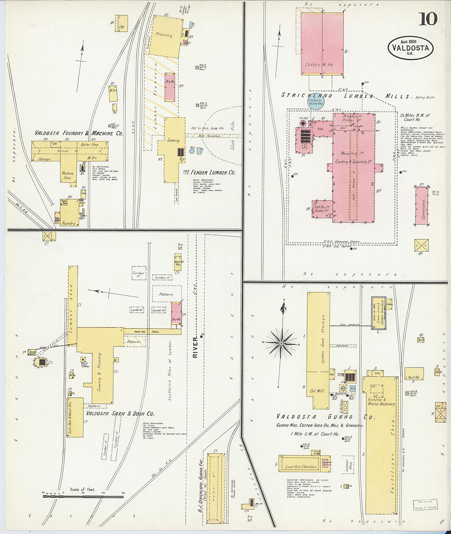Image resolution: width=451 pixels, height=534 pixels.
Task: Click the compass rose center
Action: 281,344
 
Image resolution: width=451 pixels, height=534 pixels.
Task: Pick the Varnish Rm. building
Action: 178,263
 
